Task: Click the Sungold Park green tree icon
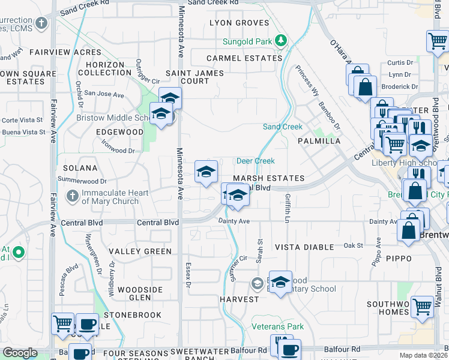(x=281, y=41)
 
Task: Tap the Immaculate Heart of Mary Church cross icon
(x=72, y=196)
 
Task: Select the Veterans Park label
(x=278, y=327)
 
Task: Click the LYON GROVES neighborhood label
(x=239, y=23)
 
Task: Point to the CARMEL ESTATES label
(x=244, y=58)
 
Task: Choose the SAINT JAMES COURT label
(x=194, y=77)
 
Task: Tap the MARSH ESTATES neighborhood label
(x=268, y=178)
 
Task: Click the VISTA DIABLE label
(x=304, y=247)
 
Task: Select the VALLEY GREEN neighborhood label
(x=140, y=251)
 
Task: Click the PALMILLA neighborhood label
(x=319, y=141)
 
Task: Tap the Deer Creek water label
(x=255, y=161)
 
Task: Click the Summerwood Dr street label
(x=82, y=180)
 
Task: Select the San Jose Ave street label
(x=103, y=94)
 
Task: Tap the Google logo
(x=20, y=353)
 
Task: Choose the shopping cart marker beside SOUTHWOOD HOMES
(x=423, y=306)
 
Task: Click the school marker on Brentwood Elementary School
(x=280, y=282)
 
